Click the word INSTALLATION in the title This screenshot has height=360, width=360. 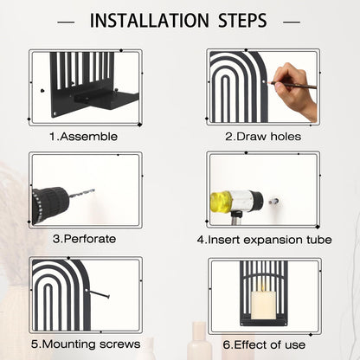(150, 21)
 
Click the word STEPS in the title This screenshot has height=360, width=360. (242, 21)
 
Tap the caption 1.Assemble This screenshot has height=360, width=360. (84, 137)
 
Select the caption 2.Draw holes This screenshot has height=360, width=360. (263, 137)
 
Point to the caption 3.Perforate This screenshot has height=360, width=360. (84, 239)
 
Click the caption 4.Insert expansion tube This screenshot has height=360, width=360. (264, 240)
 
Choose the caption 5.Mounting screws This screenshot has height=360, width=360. (86, 344)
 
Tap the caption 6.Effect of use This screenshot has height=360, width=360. (264, 344)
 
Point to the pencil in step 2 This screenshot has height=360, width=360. (292, 85)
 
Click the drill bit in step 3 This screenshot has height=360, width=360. (82, 193)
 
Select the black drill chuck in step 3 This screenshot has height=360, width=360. (50, 205)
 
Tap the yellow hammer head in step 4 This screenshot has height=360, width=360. (221, 201)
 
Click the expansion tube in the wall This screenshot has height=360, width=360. (273, 201)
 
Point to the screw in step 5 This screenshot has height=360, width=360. (100, 294)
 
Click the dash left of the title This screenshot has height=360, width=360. (66, 22)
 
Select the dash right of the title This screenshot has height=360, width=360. (292, 22)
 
